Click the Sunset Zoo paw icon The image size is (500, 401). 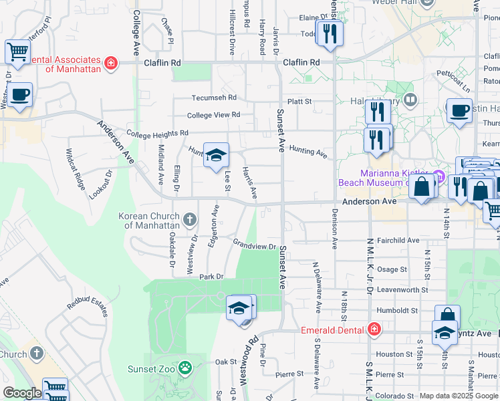click(x=185, y=367)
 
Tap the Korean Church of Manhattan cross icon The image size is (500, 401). click(x=189, y=219)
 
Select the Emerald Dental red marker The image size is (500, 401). click(x=374, y=329)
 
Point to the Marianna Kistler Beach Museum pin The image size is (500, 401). click(x=439, y=177)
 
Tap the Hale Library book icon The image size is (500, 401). click(x=410, y=100)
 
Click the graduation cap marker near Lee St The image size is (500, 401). click(x=216, y=156)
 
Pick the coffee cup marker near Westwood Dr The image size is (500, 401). click(x=20, y=95)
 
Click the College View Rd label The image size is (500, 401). click(x=213, y=115)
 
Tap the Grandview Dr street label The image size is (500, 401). click(x=255, y=245)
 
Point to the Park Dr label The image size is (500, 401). click(x=210, y=276)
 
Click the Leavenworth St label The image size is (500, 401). click(x=402, y=290)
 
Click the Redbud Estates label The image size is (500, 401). click(x=87, y=307)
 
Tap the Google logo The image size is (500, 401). click(x=22, y=393)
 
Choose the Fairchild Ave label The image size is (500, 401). click(x=398, y=240)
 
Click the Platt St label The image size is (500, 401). click(x=299, y=102)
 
